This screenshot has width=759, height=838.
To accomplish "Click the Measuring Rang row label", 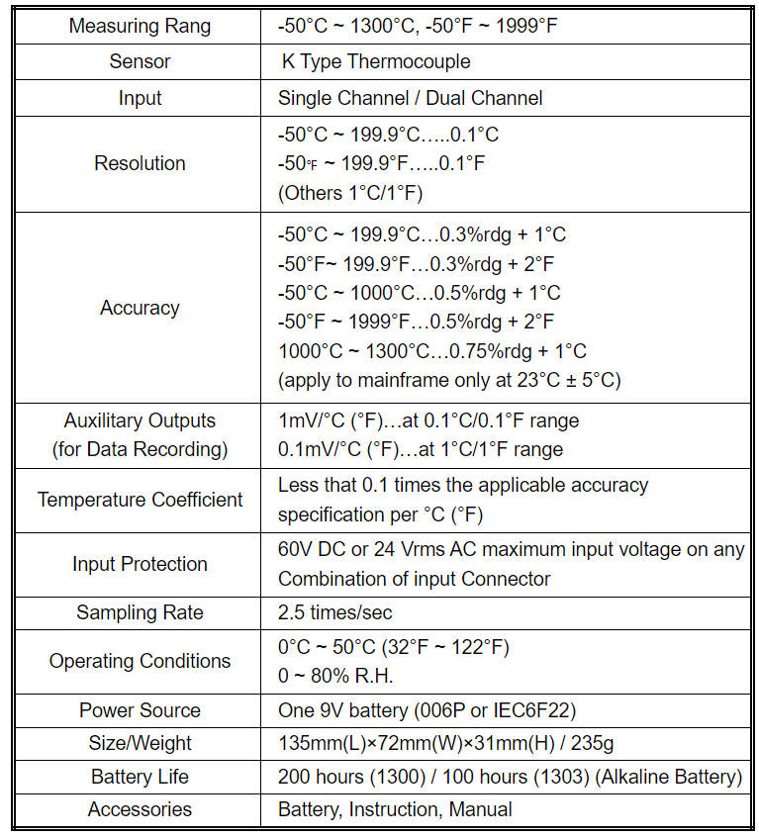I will coord(140,26).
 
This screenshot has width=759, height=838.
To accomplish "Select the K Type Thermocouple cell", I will coord(376,61).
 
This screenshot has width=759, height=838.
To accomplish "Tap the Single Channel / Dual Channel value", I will coord(410,98).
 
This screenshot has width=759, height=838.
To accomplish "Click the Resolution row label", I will coord(140,163).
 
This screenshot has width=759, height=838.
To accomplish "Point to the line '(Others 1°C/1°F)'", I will coord(350,192).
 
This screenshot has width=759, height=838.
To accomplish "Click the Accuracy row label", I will coord(140,308).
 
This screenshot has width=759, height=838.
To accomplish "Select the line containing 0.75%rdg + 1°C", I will coord(432,351).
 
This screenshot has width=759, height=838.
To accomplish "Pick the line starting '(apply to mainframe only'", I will coord(449,380).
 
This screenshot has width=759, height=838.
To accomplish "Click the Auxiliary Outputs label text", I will coord(140,420).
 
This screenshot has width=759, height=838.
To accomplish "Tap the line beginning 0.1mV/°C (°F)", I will coord(421,449).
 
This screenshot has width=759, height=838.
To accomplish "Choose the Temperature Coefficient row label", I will coord(140,500).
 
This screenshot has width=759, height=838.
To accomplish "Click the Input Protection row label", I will coord(140,564).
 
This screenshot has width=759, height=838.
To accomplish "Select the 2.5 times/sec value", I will coord(335,613).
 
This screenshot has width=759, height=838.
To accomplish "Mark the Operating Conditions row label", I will coord(140,661).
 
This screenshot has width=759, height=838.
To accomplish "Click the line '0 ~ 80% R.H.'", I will coord(334,676).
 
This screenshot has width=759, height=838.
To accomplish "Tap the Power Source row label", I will coord(140,710).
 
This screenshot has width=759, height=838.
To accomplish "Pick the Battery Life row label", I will coord(140,777).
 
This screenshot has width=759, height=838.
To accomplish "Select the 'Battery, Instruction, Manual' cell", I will coord(395,809).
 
